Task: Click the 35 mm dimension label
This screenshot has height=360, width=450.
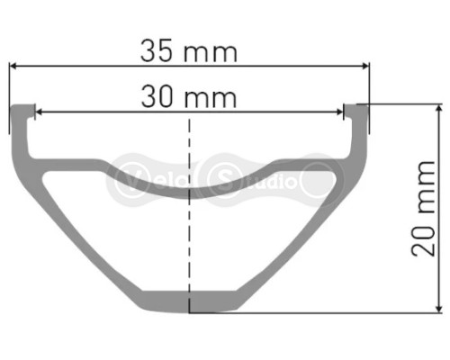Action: click(188, 50)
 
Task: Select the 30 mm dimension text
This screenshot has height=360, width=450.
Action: click(188, 95)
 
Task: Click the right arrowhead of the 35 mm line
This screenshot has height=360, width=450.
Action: click(364, 65)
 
